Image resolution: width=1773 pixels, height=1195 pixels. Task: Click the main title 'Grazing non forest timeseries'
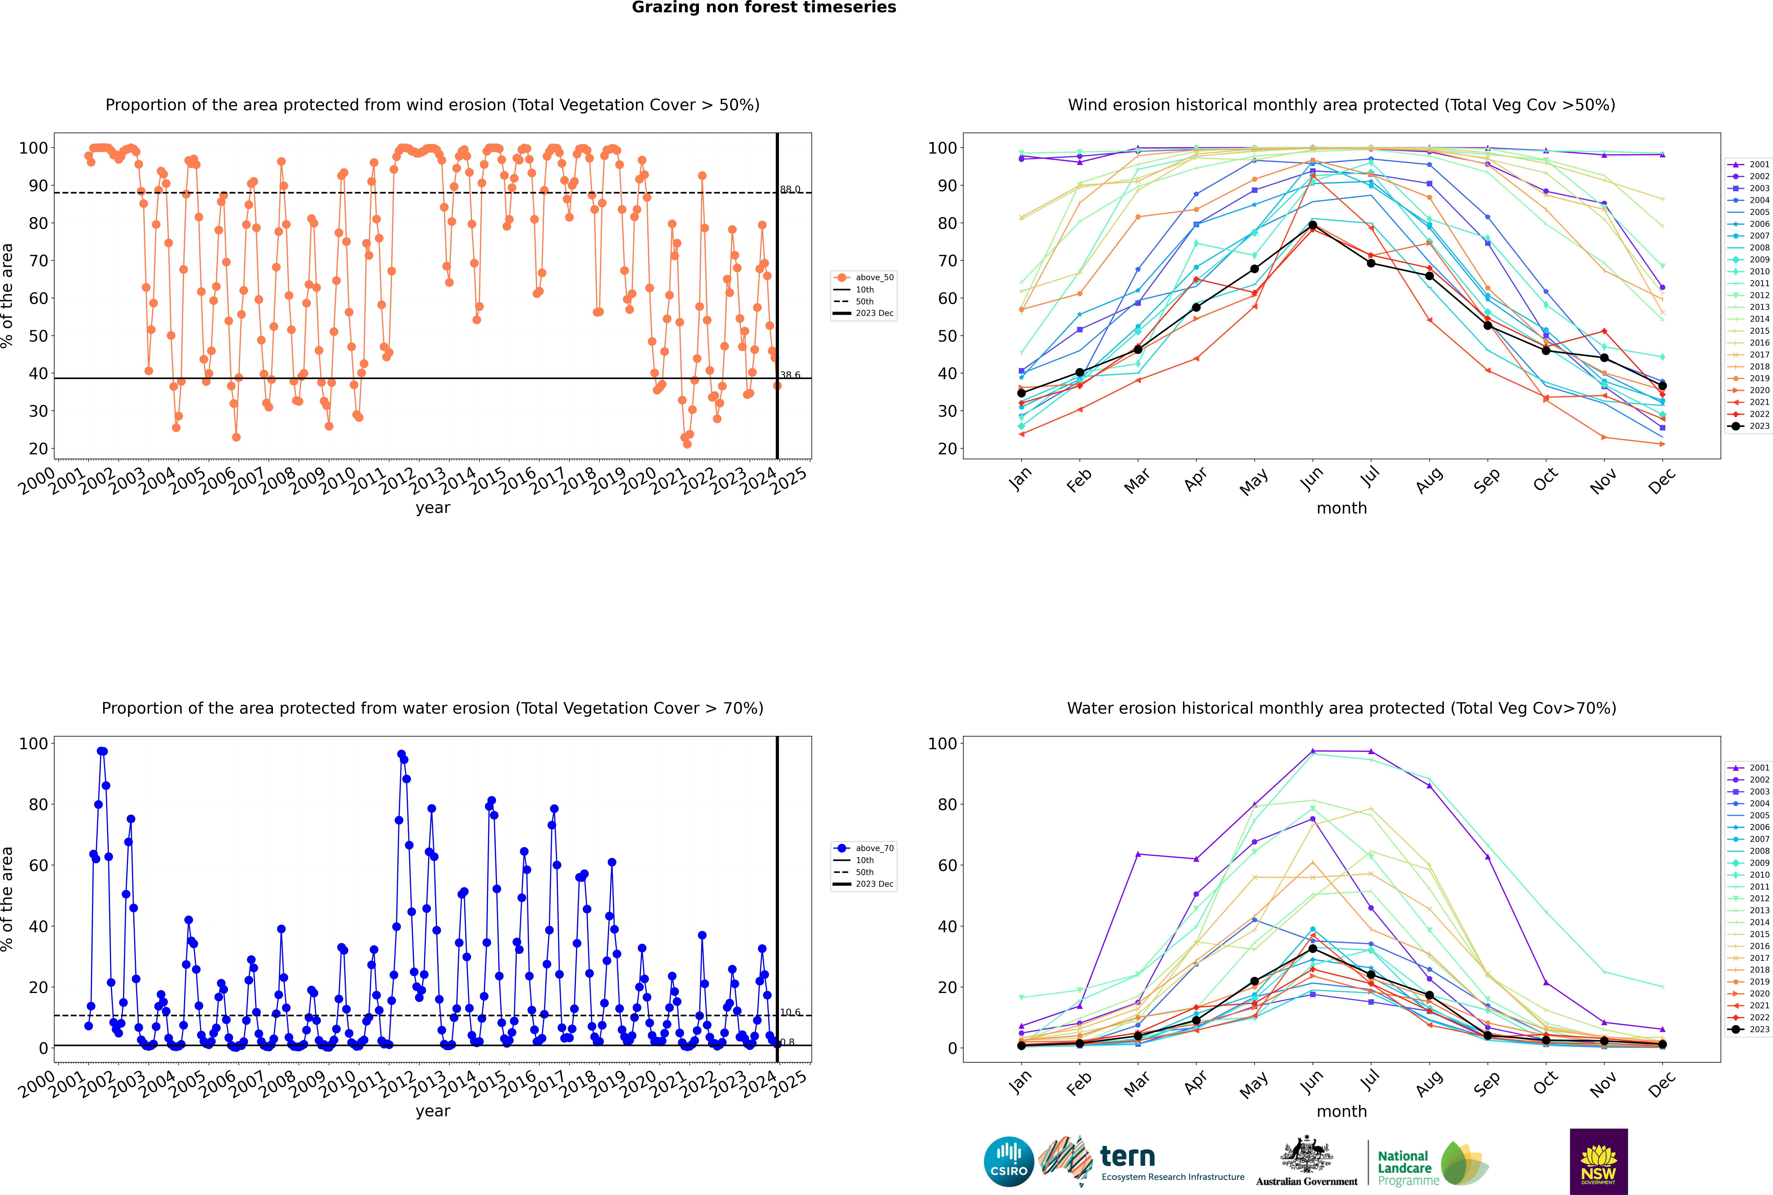point(764,8)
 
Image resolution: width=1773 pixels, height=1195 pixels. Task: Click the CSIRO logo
point(1008,1162)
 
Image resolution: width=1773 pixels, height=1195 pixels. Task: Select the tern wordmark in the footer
point(1127,1157)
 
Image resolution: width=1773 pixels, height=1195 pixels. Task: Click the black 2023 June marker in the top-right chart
point(1313,226)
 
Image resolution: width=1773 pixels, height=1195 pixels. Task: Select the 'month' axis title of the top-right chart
point(1342,508)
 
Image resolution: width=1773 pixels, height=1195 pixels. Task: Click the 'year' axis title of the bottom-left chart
point(433,1111)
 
